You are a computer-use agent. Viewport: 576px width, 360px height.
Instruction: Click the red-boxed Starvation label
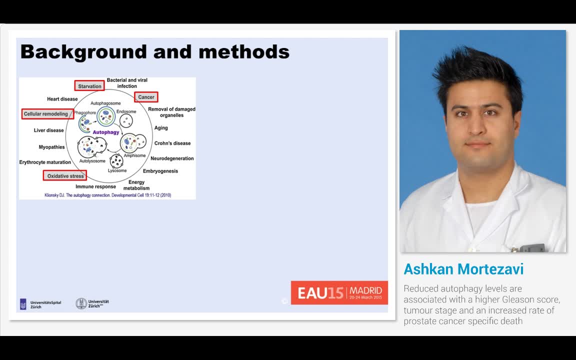89,86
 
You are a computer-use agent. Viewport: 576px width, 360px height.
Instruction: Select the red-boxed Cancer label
146,97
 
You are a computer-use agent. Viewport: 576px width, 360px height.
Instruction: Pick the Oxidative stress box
65,176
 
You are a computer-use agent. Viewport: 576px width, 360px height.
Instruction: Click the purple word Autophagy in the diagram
106,132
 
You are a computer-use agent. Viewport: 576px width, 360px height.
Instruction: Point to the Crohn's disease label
172,143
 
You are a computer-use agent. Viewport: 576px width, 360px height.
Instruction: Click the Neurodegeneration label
172,158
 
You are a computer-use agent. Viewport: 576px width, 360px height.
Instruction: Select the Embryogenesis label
160,171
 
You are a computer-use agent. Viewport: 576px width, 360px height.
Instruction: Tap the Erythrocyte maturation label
45,162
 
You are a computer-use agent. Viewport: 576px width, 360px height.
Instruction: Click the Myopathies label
52,147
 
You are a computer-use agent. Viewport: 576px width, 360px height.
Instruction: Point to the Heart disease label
62,99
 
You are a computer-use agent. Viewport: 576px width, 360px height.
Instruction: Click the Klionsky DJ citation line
107,195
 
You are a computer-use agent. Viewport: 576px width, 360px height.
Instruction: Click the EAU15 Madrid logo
339,292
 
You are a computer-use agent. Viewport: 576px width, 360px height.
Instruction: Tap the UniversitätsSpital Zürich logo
40,304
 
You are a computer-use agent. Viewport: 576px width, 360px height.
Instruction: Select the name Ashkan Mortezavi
463,269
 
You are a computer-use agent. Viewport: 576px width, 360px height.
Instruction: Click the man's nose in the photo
477,129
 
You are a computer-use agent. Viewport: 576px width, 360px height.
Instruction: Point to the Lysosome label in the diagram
117,171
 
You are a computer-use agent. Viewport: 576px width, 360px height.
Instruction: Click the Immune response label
95,186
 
